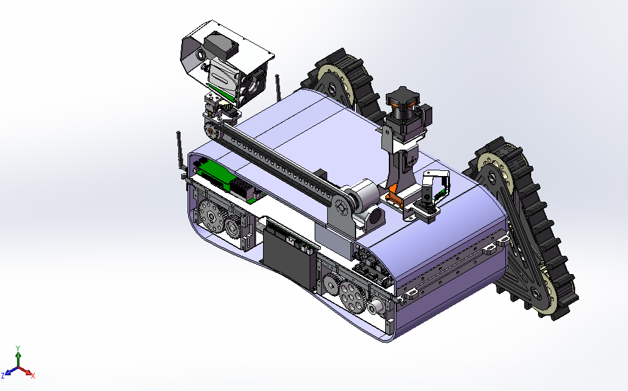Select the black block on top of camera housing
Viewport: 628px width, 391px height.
[221, 45]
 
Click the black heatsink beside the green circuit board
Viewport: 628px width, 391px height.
[243, 187]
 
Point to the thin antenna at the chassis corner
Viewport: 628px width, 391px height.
[180, 151]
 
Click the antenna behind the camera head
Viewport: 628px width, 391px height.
[276, 86]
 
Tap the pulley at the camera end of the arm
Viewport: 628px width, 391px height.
[211, 131]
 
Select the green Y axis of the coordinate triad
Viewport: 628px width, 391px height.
[19, 355]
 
